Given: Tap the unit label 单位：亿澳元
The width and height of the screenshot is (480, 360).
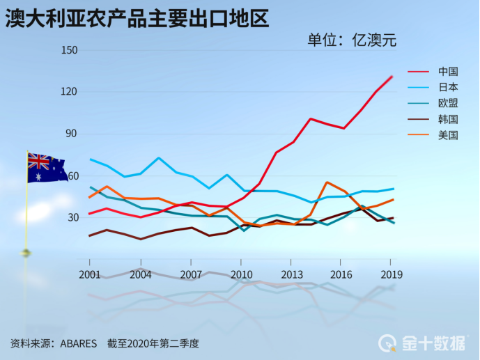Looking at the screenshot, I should [352, 40].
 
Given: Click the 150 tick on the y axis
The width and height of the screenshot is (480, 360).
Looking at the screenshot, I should [68, 51].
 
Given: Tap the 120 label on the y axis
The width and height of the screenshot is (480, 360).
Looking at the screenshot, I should [68, 92].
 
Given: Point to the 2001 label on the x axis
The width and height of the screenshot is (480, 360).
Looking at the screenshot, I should [90, 274].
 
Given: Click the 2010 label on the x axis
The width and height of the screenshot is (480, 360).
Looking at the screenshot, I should [241, 274].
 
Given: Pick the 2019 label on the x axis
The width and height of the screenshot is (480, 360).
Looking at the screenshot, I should [392, 274].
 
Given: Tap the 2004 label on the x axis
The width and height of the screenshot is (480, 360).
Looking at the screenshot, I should [140, 274].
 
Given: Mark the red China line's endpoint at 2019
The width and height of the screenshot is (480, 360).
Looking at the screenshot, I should [392, 76].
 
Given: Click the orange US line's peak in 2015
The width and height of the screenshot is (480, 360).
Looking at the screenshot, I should [327, 182].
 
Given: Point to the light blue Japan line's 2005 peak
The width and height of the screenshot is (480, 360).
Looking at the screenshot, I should [159, 158].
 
